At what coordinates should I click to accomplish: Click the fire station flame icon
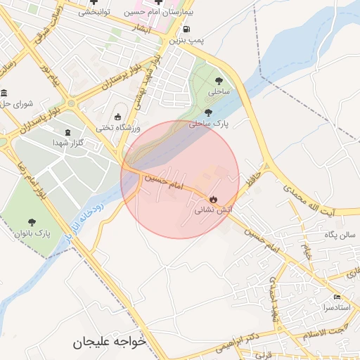pos(213,199)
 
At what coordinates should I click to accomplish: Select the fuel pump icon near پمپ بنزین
pos(186,30)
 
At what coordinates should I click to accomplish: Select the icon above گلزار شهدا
pos(67,132)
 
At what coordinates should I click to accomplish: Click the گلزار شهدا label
pos(68,143)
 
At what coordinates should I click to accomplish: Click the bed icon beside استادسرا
pos(338,297)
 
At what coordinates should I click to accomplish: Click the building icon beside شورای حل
pos(4,94)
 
